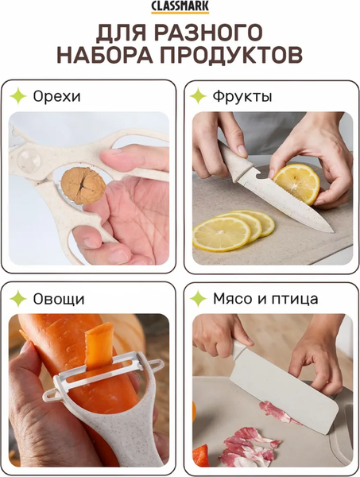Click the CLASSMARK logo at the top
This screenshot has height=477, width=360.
coord(180,7)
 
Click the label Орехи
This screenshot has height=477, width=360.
coord(56,97)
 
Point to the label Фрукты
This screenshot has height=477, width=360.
coord(242,97)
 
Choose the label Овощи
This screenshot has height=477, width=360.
coord(58,299)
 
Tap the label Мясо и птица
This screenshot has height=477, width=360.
coord(265,299)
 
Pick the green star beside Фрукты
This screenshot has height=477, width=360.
coord(199,97)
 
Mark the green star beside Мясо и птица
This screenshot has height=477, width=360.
coord(199,299)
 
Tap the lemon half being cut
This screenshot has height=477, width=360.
coord(296,184)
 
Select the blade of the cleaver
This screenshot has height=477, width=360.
coord(285,390)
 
